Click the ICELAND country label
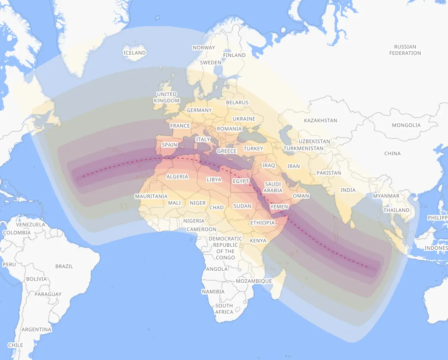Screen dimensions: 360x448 click(x=134, y=53)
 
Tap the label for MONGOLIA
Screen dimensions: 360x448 click(x=406, y=125)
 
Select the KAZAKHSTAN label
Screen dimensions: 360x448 click(x=320, y=121)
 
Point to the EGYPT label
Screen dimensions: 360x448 click(x=241, y=181)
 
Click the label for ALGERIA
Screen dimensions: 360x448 click(x=177, y=177)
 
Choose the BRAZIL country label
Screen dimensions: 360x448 click(x=64, y=266)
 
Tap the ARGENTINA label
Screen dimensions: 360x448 click(x=36, y=330)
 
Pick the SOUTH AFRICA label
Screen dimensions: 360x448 click(x=224, y=309)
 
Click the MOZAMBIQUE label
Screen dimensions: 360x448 click(x=254, y=281)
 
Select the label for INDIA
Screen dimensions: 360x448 click(x=348, y=190)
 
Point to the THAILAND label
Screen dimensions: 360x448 click(x=397, y=210)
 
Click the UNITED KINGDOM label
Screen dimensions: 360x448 click(x=167, y=97)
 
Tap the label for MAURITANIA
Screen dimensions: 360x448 click(x=151, y=196)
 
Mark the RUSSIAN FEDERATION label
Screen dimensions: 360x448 click(x=405, y=50)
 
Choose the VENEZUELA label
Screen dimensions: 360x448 click(x=30, y=224)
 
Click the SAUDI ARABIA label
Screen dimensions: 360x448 click(x=273, y=187)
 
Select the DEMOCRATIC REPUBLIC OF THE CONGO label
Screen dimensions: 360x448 click(x=225, y=248)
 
